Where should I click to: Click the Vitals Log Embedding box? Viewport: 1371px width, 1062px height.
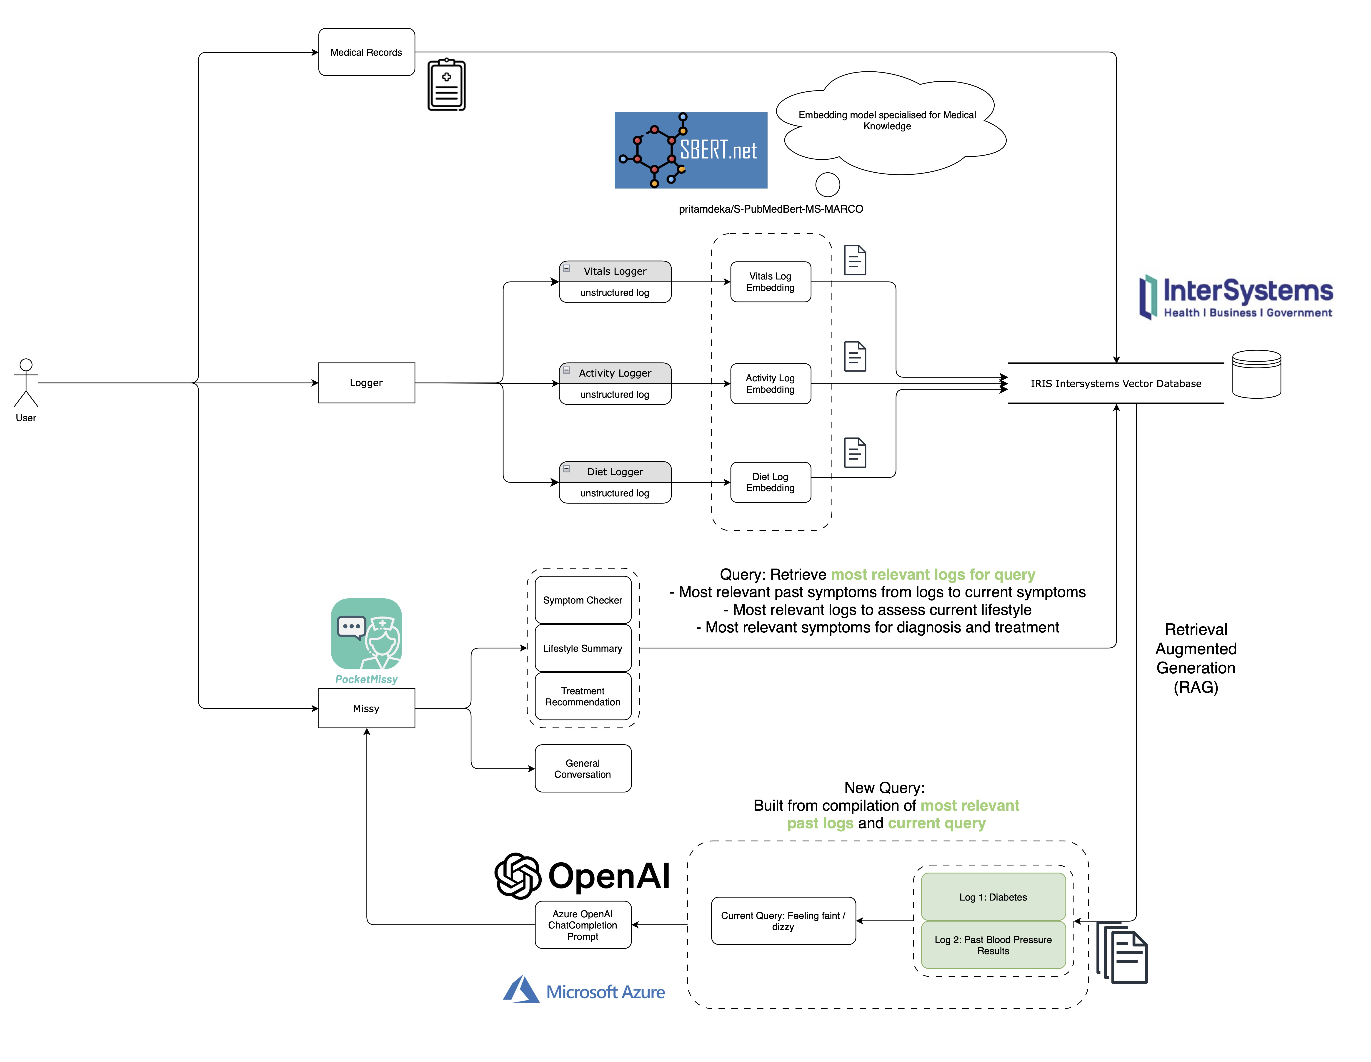[x=770, y=282]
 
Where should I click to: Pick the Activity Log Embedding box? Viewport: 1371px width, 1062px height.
[x=770, y=384]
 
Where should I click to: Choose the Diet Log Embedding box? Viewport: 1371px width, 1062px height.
[x=770, y=482]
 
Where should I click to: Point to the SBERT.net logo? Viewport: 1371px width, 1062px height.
[x=691, y=150]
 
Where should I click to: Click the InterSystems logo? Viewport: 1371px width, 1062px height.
[x=1235, y=297]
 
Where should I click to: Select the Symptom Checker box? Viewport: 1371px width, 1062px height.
[x=583, y=600]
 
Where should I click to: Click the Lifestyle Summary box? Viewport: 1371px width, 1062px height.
[x=583, y=648]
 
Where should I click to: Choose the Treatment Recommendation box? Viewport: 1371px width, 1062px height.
[x=583, y=697]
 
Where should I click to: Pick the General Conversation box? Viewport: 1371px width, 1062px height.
[x=583, y=769]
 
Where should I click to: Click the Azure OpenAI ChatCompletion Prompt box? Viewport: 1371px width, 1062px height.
[x=583, y=925]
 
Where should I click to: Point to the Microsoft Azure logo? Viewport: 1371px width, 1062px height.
[x=584, y=990]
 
